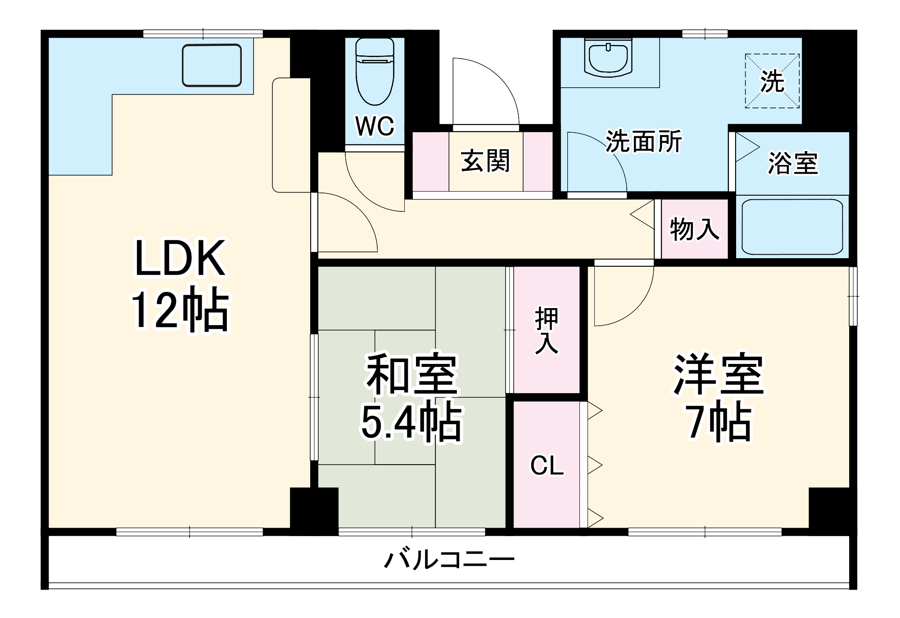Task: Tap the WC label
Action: click(x=375, y=126)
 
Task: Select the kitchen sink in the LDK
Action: click(x=212, y=65)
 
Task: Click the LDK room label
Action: click(x=180, y=259)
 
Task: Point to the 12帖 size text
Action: click(x=180, y=309)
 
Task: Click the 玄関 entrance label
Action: click(x=485, y=161)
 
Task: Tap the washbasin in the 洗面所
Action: click(x=608, y=58)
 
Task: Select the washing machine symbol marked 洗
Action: click(x=772, y=81)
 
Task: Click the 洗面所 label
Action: click(x=643, y=142)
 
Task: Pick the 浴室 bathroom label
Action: click(x=792, y=163)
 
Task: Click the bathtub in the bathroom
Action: click(x=792, y=227)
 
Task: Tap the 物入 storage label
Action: click(x=694, y=229)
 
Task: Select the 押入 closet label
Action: click(x=547, y=331)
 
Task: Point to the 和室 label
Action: click(x=412, y=374)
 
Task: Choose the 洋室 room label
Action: click(x=719, y=374)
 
